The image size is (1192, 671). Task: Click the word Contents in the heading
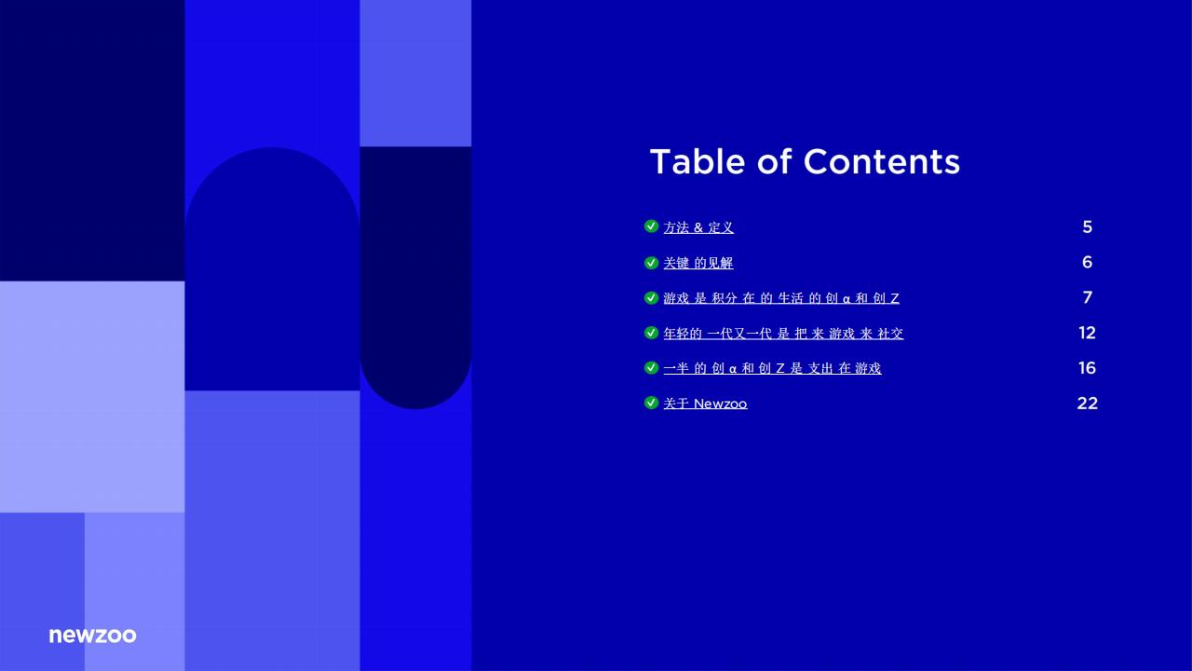tap(881, 162)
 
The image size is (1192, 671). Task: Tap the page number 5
tap(1087, 227)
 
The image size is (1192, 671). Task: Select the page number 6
tap(1087, 263)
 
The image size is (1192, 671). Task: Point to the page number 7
tap(1087, 298)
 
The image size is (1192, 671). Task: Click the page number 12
tap(1087, 333)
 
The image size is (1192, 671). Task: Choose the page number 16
tap(1087, 368)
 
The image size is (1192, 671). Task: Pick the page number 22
tap(1087, 404)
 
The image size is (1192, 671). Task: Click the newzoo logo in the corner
tap(92, 636)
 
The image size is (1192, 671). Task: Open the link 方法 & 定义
tap(698, 227)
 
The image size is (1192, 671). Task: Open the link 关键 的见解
tap(698, 264)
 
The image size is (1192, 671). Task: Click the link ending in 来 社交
tap(783, 334)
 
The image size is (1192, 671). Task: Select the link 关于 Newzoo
tap(705, 404)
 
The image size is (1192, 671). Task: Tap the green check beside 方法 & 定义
tap(651, 226)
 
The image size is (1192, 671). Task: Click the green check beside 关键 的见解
tap(651, 263)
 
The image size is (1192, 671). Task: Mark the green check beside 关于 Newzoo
tap(651, 403)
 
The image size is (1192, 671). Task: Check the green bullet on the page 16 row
tap(651, 368)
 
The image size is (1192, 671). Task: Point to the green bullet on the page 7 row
tap(651, 298)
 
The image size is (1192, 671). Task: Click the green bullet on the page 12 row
tap(651, 333)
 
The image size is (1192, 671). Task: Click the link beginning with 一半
tap(772, 369)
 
